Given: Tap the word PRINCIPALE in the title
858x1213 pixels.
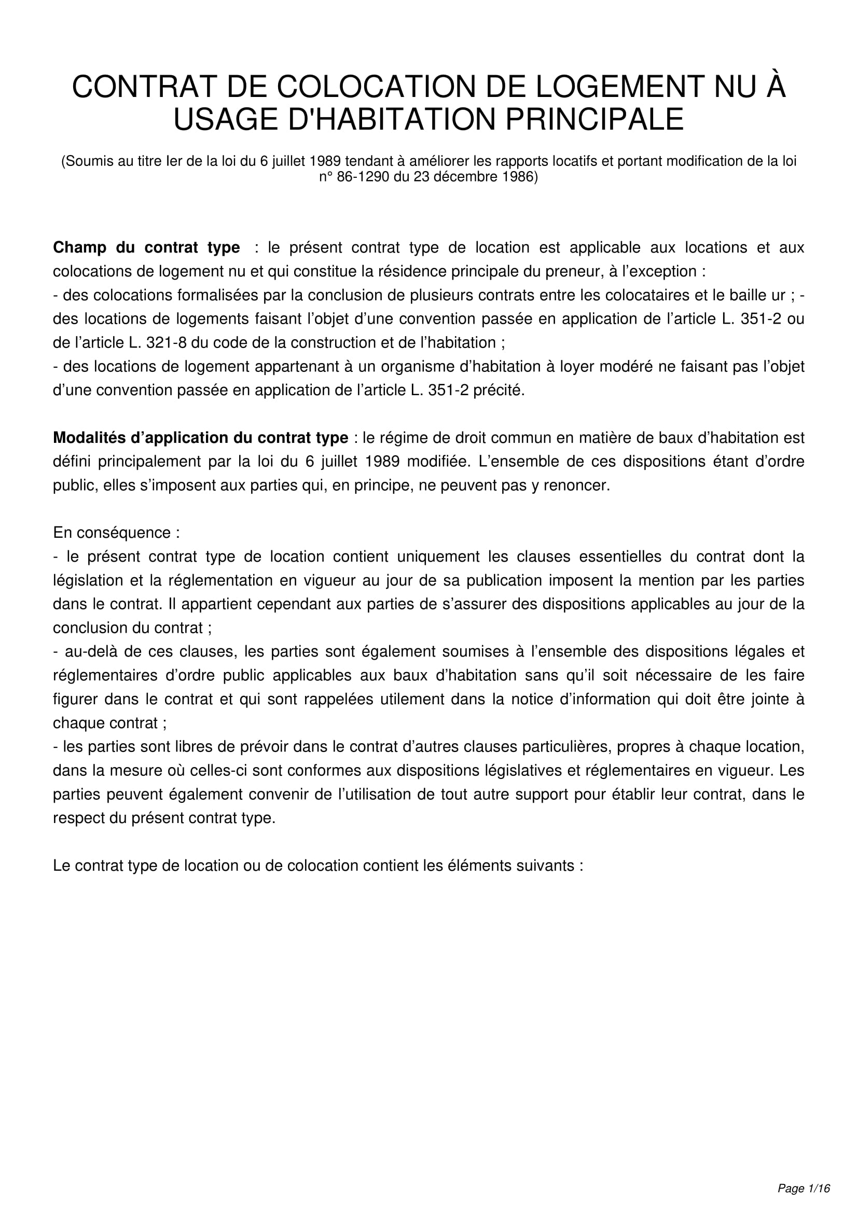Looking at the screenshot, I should (594, 119).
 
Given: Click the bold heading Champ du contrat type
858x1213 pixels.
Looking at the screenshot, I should (146, 247).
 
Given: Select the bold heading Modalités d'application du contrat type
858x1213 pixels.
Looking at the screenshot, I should (201, 438).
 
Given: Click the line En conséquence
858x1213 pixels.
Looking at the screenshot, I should (116, 533).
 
